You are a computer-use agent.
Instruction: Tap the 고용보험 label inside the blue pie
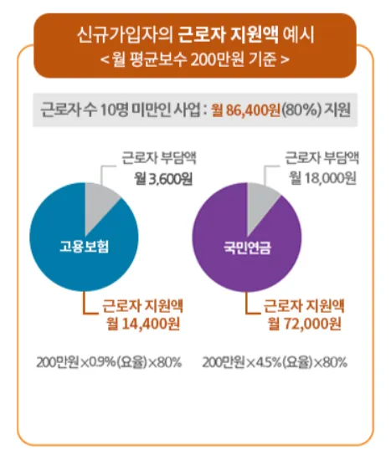85,247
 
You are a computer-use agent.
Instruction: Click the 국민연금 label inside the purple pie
242,248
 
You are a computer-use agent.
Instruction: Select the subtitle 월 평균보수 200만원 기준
194,60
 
